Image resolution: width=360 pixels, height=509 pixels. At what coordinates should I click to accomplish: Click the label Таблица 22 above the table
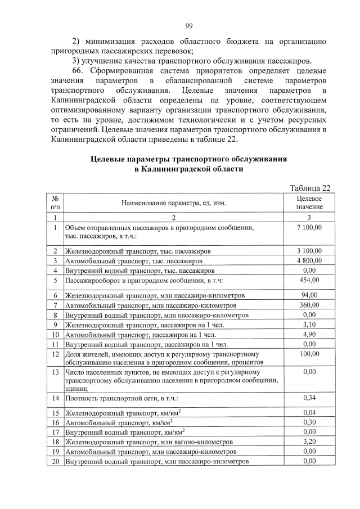pyautogui.click(x=310, y=187)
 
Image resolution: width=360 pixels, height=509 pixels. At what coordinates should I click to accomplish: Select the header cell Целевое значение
pyautogui.click(x=309, y=203)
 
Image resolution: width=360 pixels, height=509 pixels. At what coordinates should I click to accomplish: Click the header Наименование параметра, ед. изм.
pyautogui.click(x=173, y=203)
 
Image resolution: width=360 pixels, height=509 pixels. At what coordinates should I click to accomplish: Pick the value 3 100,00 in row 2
pyautogui.click(x=309, y=250)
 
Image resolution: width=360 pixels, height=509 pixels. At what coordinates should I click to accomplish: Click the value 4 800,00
pyautogui.click(x=309, y=260)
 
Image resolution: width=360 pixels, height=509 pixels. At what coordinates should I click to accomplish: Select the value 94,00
pyautogui.click(x=309, y=295)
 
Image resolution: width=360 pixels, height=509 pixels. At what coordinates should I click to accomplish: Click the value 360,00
pyautogui.click(x=309, y=305)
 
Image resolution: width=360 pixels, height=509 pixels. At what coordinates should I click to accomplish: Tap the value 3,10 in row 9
pyautogui.click(x=309, y=325)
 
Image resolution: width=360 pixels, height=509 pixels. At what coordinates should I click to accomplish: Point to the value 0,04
pyautogui.click(x=309, y=413)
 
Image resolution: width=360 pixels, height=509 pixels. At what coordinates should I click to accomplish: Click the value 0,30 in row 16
pyautogui.click(x=309, y=422)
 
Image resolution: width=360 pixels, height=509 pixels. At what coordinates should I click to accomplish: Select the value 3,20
pyautogui.click(x=309, y=442)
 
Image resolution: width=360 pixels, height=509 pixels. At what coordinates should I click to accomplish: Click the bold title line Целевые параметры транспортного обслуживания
pyautogui.click(x=189, y=159)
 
